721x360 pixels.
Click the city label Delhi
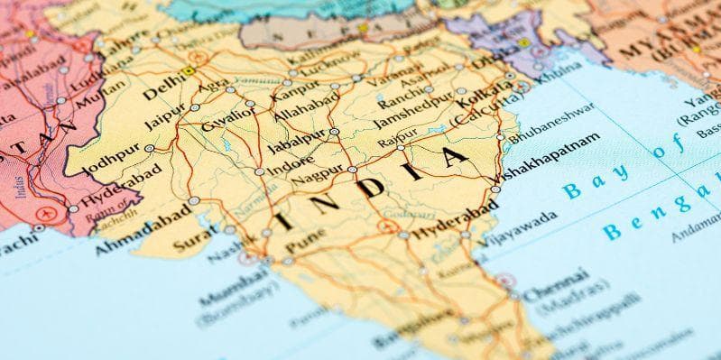click(x=162, y=91)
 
